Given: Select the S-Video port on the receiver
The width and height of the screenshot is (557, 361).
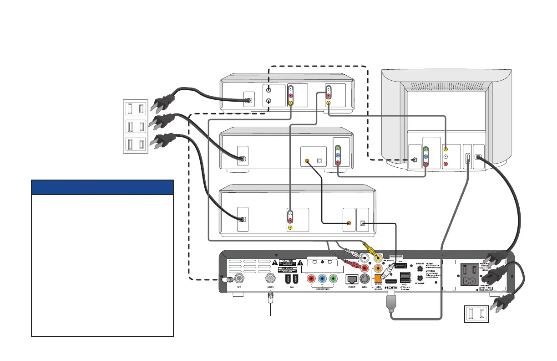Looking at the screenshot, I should pos(365,278).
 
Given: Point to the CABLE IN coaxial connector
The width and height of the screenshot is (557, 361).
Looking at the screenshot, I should pos(271,278).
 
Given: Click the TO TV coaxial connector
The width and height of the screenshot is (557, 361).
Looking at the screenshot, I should pos(236,278).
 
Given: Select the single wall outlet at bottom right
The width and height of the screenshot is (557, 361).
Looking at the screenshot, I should pos(476,315).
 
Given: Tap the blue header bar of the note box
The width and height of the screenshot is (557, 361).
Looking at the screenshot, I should pos(102,187).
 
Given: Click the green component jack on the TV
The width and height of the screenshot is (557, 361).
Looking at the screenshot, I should pos(425,149).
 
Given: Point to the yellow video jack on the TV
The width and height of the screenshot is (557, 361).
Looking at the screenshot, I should pos(446,149).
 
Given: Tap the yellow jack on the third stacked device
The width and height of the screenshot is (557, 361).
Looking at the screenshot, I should pos(290,227).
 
